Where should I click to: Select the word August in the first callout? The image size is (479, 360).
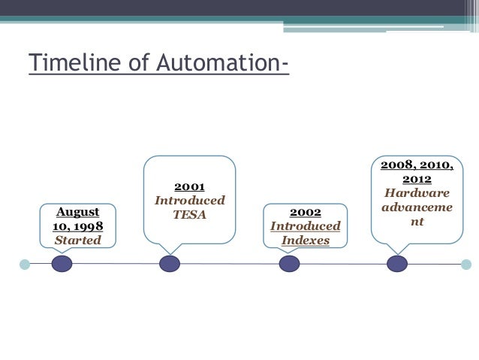(x=78, y=213)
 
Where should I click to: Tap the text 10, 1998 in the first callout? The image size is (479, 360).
(x=78, y=227)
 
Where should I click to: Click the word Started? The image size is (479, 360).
(x=78, y=241)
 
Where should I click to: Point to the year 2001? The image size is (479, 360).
(x=189, y=186)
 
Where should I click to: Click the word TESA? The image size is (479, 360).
(x=189, y=215)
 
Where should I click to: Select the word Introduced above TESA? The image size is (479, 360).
(x=189, y=201)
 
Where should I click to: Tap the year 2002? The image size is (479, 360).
(x=305, y=213)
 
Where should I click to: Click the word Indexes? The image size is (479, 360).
(x=305, y=241)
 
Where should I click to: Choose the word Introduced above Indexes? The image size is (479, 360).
(x=305, y=227)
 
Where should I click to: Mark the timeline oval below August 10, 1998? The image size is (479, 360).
(x=62, y=264)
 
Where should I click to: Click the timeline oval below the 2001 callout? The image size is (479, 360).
(x=170, y=264)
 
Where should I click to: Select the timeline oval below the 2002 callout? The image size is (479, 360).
(x=289, y=264)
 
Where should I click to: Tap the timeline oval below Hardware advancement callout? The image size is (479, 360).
(x=396, y=264)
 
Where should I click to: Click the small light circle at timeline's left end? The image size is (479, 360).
(x=25, y=264)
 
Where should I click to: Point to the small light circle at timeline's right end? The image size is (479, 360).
(x=465, y=264)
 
